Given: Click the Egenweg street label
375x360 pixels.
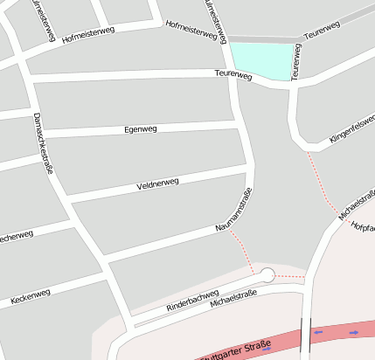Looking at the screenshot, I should (x=140, y=129).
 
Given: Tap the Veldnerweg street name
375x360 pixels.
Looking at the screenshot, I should (x=157, y=185).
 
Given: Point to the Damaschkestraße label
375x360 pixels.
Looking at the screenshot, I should (x=43, y=143).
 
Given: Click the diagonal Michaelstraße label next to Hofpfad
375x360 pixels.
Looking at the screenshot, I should (x=353, y=201).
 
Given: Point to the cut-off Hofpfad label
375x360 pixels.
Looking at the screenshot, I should (x=363, y=226).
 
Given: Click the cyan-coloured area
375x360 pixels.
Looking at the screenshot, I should (x=260, y=61).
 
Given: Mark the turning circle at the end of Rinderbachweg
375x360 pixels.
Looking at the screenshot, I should (x=267, y=275).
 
